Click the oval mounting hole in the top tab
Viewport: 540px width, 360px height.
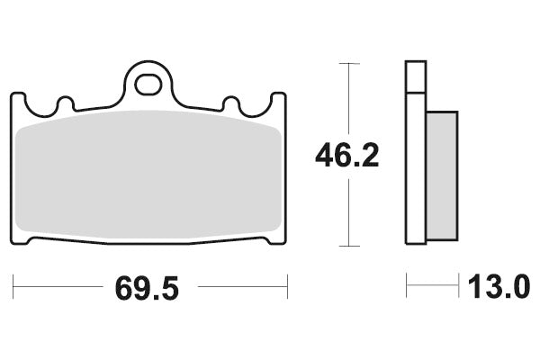[x=149, y=85]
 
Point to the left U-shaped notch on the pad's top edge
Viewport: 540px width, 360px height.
[x=63, y=105]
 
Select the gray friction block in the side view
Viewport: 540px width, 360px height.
[x=441, y=175]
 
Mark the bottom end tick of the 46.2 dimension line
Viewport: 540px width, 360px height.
[x=347, y=245]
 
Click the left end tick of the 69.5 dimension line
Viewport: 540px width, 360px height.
[x=14, y=289]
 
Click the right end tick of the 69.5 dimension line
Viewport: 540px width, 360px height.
[x=286, y=289]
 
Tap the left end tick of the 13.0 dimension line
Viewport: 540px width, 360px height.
[x=407, y=289]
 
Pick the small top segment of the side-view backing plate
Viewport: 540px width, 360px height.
[x=415, y=76]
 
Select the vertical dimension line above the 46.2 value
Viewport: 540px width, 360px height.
[x=347, y=99]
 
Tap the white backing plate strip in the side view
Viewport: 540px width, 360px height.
[x=415, y=171]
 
